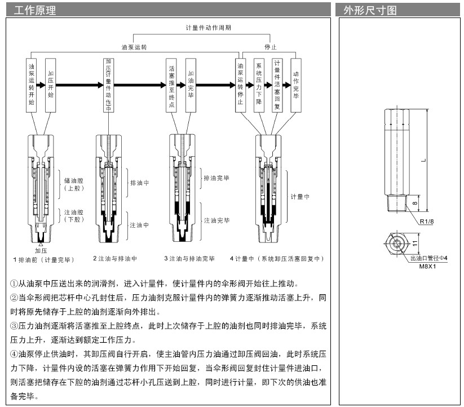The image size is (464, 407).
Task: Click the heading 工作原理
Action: point(34,10)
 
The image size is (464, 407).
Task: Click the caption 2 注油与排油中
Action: point(115,259)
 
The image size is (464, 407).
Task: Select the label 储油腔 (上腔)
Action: point(73,184)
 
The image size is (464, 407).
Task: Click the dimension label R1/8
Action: point(427,222)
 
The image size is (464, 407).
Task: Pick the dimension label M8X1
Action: point(429,265)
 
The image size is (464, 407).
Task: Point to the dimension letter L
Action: point(423,160)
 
